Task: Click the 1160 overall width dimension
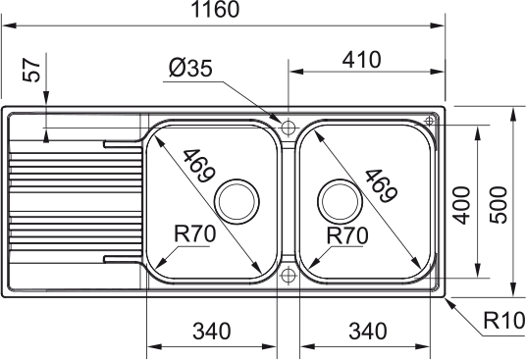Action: point(215,9)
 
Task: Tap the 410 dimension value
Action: point(361,60)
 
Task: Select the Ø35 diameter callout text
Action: point(190,68)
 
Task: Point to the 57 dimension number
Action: point(31,70)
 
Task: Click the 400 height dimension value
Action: point(461,205)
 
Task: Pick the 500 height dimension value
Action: point(499,205)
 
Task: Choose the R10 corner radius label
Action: point(504,321)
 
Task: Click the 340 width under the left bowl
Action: point(212,332)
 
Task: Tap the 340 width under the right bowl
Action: point(368,332)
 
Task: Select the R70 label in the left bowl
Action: point(195,233)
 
